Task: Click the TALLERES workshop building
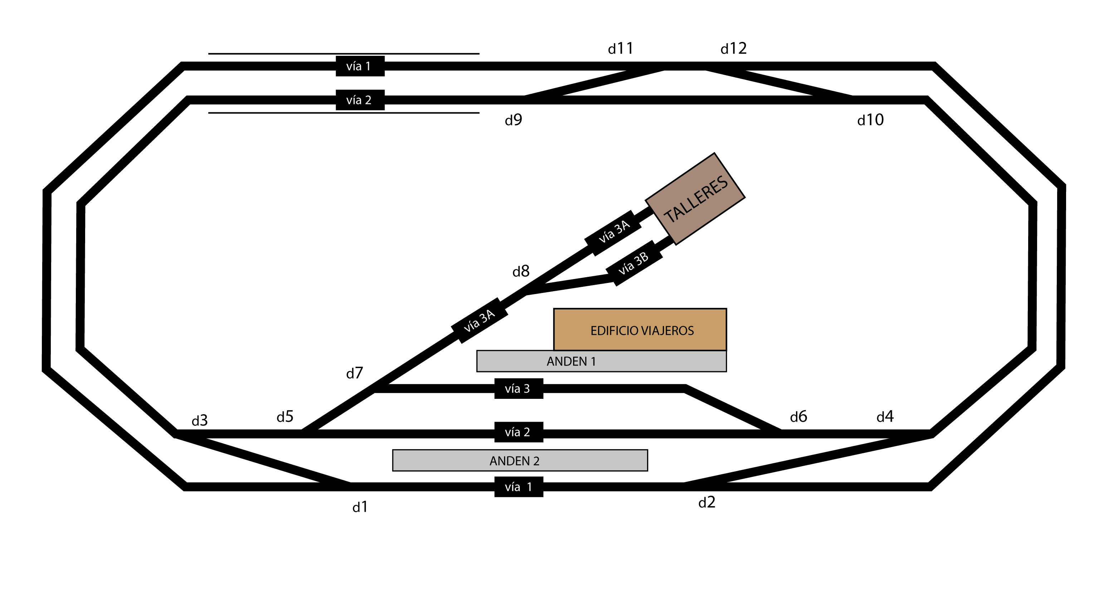[x=695, y=199]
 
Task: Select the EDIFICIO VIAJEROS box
[x=640, y=330]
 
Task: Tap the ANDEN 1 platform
[x=601, y=361]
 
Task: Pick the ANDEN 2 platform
[x=520, y=461]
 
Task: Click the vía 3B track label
[x=634, y=263]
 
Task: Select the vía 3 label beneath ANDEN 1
[x=519, y=388]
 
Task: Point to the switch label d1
[x=360, y=507]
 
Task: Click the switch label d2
[x=707, y=503]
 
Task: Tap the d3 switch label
[x=200, y=421]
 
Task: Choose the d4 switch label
[x=885, y=416]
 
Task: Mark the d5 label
[x=285, y=416]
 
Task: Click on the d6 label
[x=798, y=416]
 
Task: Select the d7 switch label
[x=355, y=373]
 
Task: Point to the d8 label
[x=521, y=271]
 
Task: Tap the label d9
[x=514, y=120]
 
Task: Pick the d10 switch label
[x=871, y=120]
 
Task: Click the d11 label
[x=621, y=49]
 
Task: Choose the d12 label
[x=734, y=49]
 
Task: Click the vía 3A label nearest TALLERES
[x=612, y=233]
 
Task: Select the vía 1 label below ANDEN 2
[x=519, y=486]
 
